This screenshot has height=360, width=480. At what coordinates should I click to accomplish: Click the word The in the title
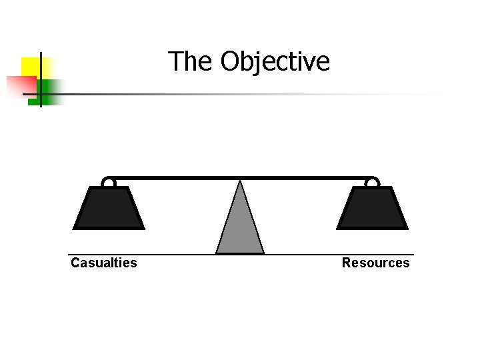click(191, 61)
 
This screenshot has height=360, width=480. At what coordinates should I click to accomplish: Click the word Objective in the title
click(275, 62)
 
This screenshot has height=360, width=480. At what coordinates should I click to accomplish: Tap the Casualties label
click(104, 263)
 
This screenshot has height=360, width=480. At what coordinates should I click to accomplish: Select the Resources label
click(375, 263)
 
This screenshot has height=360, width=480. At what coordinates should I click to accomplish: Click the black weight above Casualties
click(109, 208)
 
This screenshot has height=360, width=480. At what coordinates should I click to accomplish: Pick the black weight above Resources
click(372, 208)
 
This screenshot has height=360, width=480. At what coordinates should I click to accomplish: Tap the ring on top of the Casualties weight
click(108, 182)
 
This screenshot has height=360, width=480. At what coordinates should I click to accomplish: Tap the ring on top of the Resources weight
click(372, 182)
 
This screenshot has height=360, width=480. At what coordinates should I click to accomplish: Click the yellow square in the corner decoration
click(30, 66)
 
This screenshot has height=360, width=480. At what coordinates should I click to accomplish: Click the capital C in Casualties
click(75, 263)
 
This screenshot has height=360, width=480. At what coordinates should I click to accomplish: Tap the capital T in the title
click(175, 61)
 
